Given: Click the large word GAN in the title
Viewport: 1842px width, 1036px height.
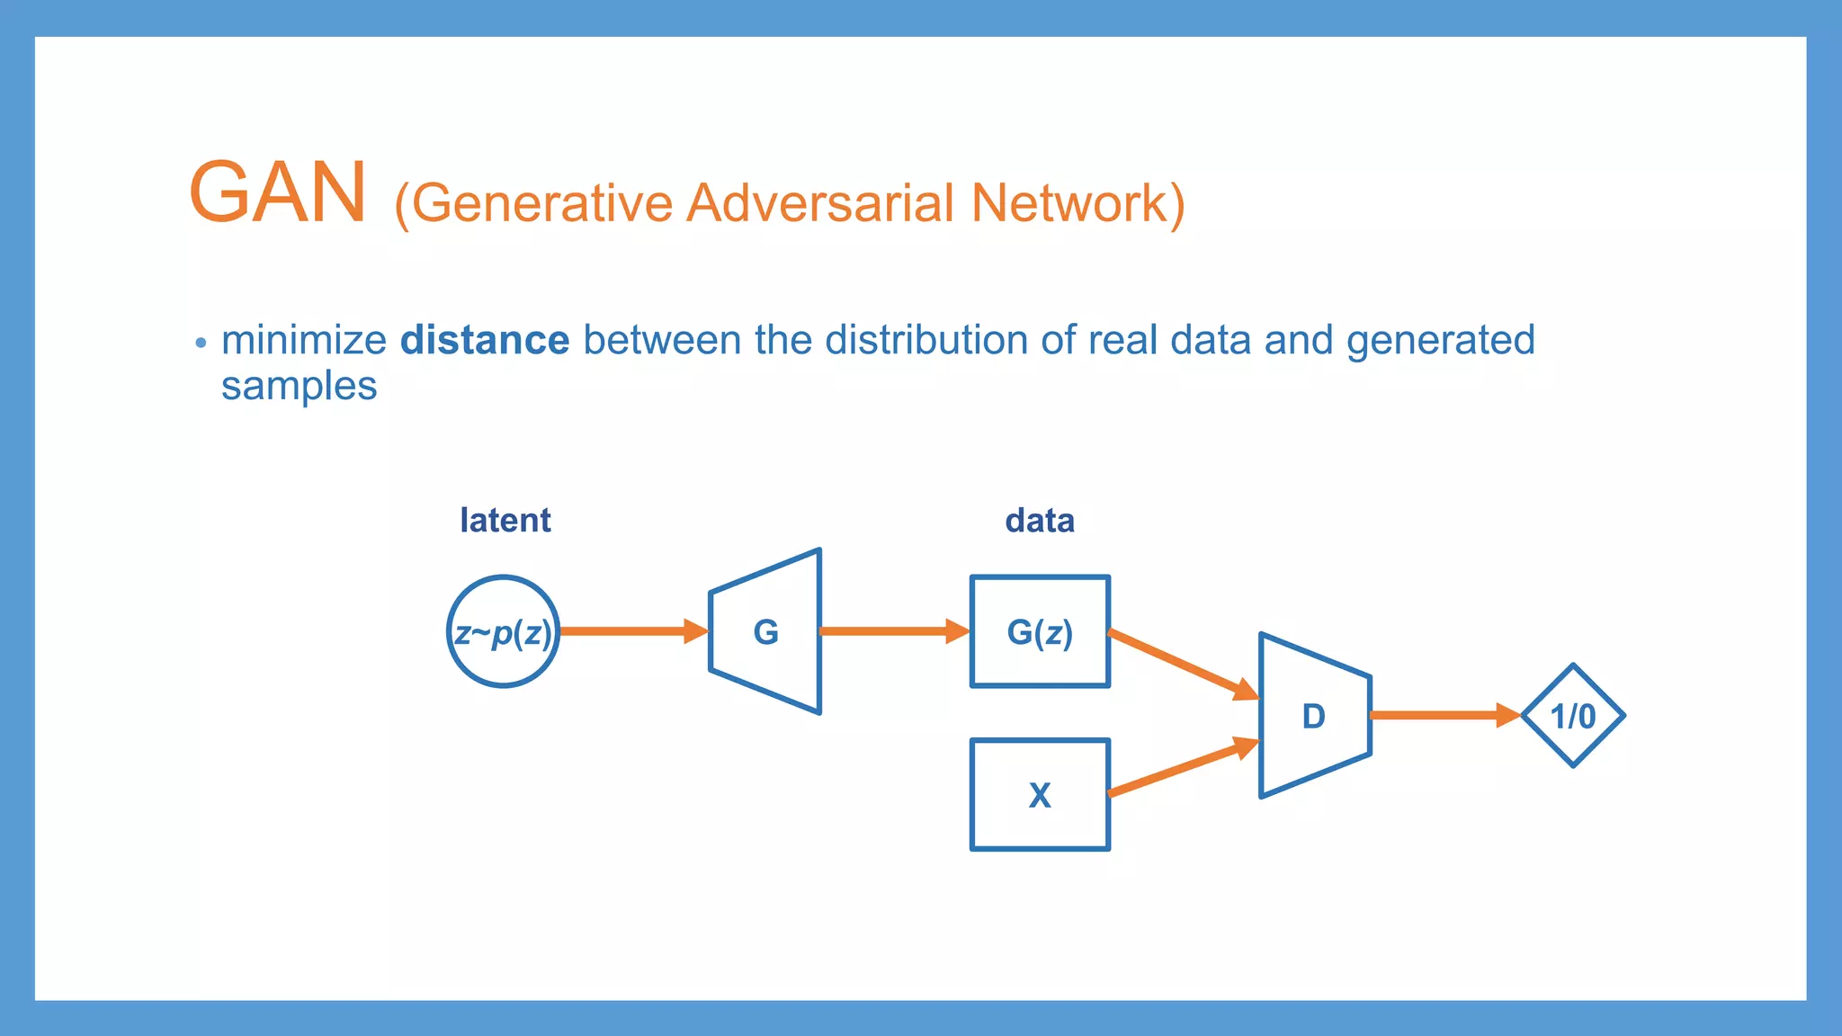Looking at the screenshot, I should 277,192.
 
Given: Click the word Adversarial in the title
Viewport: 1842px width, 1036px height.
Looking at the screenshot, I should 819,203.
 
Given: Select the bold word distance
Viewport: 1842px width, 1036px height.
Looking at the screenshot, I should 484,341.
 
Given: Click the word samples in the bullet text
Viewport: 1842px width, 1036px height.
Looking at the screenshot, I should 299,387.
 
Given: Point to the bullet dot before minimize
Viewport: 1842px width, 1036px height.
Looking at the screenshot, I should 201,343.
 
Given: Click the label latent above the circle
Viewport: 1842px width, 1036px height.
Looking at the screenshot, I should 505,520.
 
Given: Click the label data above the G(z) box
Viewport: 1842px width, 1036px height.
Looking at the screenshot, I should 1039,520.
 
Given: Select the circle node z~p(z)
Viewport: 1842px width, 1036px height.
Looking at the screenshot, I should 503,631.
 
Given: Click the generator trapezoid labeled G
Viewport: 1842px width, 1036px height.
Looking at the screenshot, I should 765,631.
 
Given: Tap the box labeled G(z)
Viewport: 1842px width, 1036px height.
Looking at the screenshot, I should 1040,631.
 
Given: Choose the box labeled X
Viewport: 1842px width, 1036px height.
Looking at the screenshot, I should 1040,795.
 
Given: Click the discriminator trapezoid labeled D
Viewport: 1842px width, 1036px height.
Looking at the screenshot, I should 1314,716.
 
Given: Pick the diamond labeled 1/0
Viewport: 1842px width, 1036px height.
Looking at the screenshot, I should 1573,716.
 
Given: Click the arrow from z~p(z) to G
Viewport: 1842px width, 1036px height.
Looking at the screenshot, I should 630,631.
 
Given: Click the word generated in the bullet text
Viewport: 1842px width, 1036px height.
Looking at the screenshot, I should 1440,341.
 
